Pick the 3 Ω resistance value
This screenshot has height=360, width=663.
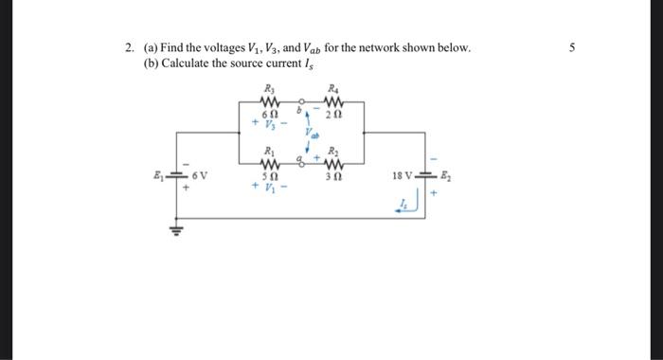[333, 175]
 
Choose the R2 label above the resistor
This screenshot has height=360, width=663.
[333, 152]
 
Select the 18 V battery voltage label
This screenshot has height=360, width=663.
[401, 176]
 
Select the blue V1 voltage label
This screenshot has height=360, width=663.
[270, 187]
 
